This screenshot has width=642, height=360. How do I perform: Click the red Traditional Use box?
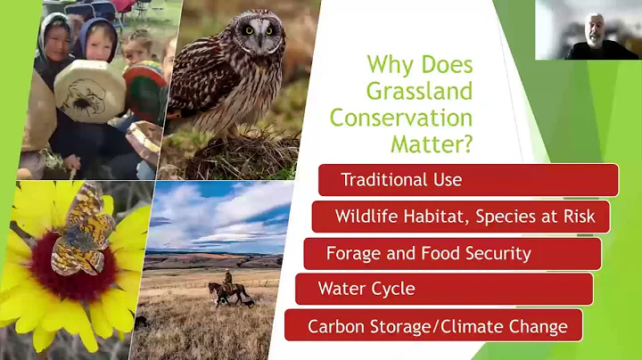(468, 180)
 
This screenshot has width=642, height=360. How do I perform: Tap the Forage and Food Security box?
(452, 253)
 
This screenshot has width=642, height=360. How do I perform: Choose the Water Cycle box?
(444, 290)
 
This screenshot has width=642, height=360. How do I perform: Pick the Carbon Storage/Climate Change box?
(433, 326)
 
